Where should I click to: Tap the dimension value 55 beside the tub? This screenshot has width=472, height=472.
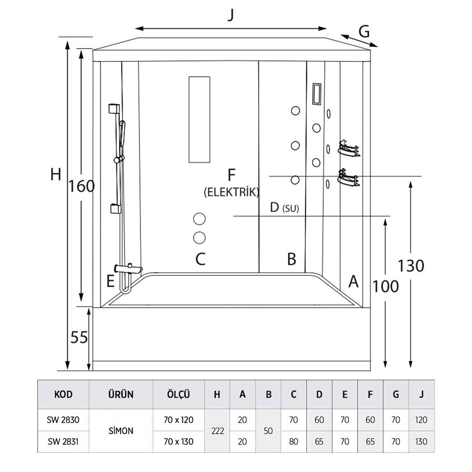79,337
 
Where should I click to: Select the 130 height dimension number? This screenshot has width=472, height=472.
411,266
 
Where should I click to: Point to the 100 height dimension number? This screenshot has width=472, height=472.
385,286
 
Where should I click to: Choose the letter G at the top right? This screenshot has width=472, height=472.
364,31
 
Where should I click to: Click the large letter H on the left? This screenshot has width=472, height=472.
56,175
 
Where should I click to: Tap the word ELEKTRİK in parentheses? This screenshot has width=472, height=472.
231,192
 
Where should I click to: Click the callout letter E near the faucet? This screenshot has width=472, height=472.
110,281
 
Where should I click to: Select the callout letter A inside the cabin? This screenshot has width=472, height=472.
353,281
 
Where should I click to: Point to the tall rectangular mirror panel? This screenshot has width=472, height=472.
199,120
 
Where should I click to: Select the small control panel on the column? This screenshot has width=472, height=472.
316,93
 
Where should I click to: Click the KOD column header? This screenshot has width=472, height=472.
63,394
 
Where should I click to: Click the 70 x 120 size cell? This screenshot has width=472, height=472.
179,420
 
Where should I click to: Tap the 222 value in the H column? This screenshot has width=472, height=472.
217,431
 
